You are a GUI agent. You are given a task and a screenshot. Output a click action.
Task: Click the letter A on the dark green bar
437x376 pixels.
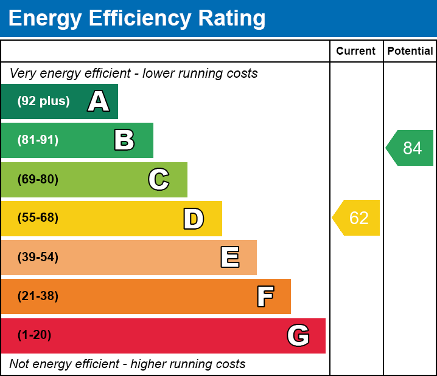(99, 101)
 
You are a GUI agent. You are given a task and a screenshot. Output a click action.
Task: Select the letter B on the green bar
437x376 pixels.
(124, 140)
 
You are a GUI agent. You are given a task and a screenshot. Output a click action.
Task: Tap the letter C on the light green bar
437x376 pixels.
(159, 179)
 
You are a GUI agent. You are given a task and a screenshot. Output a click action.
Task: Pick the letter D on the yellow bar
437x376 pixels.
(194, 219)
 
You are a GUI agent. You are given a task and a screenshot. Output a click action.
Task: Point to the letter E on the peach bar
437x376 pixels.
(229, 258)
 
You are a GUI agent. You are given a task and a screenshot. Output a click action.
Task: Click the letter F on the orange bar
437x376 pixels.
(265, 296)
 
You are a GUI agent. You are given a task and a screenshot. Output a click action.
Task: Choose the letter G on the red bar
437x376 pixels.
(298, 335)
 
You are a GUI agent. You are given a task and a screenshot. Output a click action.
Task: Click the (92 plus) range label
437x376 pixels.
(43, 101)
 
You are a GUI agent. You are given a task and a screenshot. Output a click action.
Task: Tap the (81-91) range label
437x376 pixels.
(38, 140)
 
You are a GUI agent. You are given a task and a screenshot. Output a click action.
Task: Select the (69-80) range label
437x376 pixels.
(38, 179)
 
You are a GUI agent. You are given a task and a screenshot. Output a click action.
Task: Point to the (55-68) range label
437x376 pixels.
(38, 218)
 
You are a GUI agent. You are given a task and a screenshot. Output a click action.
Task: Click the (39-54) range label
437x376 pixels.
(38, 258)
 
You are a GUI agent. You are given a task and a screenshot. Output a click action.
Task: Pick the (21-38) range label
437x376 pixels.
(38, 296)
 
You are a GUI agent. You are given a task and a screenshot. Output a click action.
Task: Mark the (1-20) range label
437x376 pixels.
(34, 335)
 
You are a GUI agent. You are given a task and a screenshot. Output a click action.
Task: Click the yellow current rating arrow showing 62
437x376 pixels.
(357, 218)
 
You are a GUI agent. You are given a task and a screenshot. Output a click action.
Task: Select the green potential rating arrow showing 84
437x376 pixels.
(411, 148)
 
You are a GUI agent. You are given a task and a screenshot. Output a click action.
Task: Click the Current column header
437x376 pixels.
(356, 52)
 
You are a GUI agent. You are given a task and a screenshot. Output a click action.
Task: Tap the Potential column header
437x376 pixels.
(410, 52)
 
